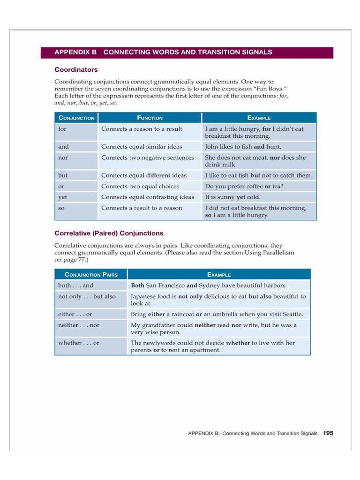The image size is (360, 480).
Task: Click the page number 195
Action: tap(328, 433)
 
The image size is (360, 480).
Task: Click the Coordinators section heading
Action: tap(76, 70)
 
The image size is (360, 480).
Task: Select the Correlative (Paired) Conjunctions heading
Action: tap(109, 233)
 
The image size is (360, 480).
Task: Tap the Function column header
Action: tap(150, 118)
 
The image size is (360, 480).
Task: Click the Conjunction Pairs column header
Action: tap(91, 274)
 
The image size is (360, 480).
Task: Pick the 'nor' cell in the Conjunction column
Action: tap(63, 158)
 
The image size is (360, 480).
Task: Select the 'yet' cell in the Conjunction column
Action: tap(62, 197)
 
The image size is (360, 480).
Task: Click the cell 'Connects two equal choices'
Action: tap(140, 187)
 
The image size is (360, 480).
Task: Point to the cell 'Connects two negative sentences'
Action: tap(147, 158)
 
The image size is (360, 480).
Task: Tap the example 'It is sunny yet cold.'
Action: tap(232, 197)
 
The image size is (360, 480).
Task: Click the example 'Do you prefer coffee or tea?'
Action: tap(244, 187)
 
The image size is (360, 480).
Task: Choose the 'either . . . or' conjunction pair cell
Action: tap(75, 314)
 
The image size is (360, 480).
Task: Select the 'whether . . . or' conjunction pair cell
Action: tap(78, 343)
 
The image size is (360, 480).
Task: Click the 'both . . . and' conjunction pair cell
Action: tap(75, 285)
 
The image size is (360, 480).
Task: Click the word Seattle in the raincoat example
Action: tap(292, 314)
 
